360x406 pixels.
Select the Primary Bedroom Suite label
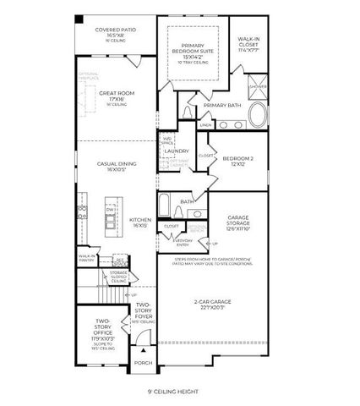[195, 52]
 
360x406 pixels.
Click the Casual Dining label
[117, 167]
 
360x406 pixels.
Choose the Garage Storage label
[239, 222]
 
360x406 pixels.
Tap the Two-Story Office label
[101, 330]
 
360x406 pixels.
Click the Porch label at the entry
[144, 363]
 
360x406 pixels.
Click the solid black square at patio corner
[79, 19]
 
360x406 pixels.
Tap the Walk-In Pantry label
[87, 257]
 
